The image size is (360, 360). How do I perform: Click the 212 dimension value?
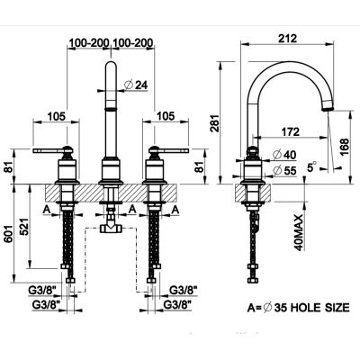pyautogui.click(x=287, y=38)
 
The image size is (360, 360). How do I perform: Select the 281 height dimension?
pyautogui.click(x=214, y=123)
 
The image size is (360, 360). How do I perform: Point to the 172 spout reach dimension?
pyautogui.click(x=290, y=131)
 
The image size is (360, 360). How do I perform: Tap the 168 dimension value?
pyautogui.click(x=344, y=147)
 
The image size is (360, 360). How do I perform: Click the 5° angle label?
pyautogui.click(x=312, y=166)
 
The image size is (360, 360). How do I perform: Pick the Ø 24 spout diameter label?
pyautogui.click(x=136, y=85)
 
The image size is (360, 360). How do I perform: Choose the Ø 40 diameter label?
pyautogui.click(x=284, y=155)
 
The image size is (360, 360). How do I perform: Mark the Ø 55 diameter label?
pyautogui.click(x=284, y=171)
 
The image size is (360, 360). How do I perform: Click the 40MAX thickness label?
pyautogui.click(x=299, y=232)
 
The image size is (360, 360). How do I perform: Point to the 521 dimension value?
pyautogui.click(x=24, y=226)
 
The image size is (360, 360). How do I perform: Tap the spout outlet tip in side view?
pyautogui.click(x=327, y=109)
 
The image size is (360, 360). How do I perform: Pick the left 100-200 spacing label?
pyautogui.click(x=88, y=43)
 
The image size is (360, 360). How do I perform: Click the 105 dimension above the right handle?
pyautogui.click(x=166, y=116)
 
